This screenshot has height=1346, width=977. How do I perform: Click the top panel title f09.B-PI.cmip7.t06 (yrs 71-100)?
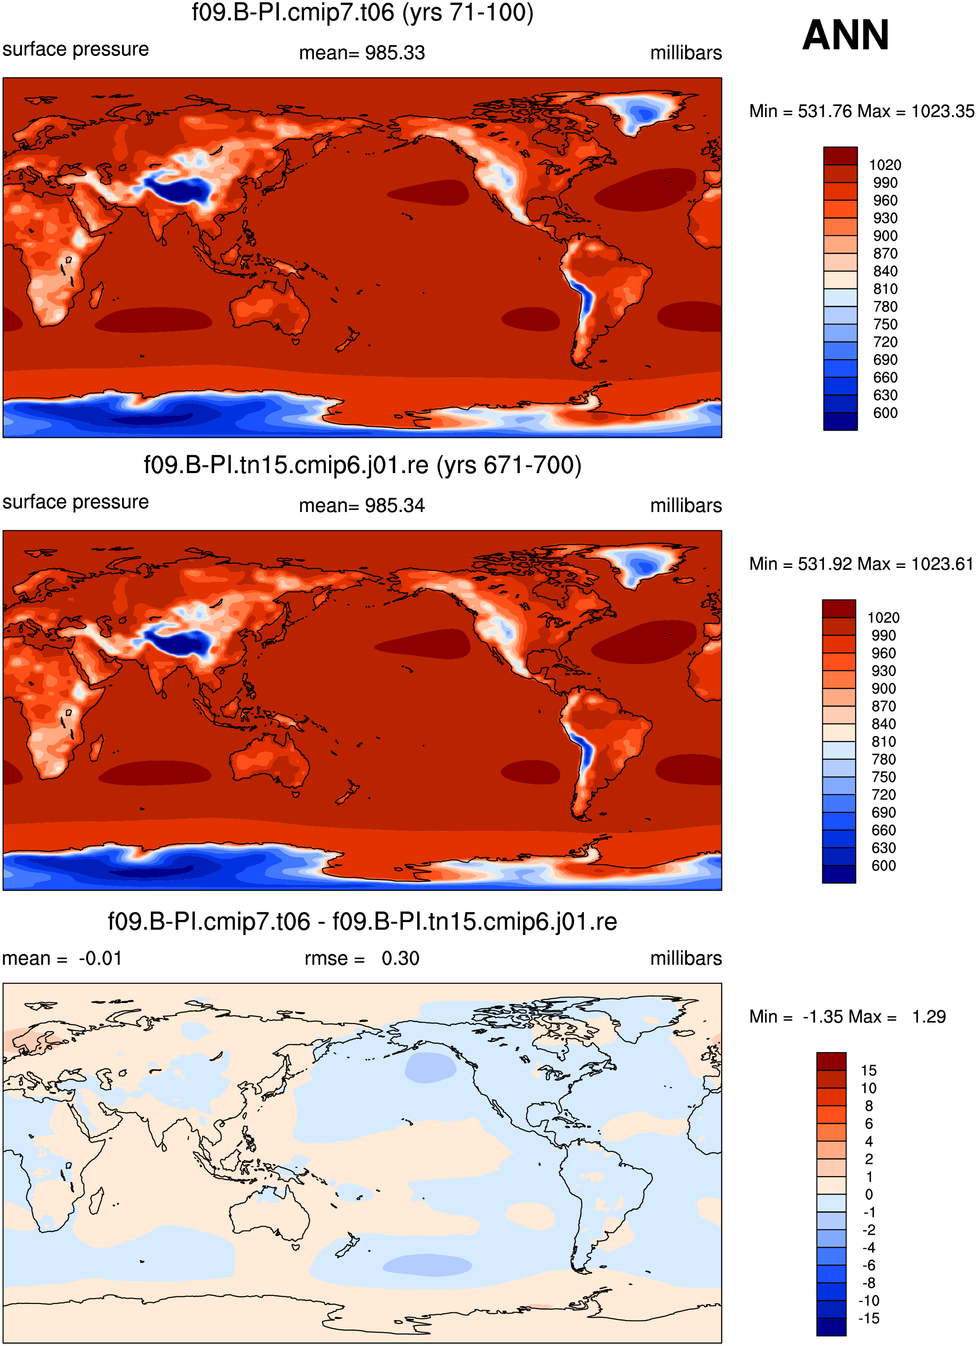click(x=363, y=13)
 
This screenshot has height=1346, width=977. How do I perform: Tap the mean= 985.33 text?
click(x=362, y=53)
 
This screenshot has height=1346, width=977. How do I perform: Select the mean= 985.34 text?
click(x=362, y=506)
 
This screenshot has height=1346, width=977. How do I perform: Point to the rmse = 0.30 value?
click(x=362, y=958)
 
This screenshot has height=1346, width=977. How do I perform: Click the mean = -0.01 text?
click(x=62, y=958)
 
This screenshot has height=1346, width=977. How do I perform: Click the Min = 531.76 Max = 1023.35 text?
click(x=862, y=111)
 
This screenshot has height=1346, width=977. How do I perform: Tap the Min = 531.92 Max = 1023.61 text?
click(x=861, y=564)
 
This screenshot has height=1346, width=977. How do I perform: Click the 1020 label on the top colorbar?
click(x=885, y=165)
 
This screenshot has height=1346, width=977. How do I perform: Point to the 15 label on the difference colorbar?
click(x=868, y=1071)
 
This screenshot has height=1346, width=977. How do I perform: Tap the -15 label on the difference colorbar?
click(x=868, y=1319)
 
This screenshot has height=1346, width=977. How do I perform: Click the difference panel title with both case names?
click(x=362, y=922)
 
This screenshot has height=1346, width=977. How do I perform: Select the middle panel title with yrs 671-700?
click(x=363, y=465)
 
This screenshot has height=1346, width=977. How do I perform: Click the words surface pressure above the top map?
click(x=76, y=49)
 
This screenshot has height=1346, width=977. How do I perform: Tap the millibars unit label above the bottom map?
click(x=686, y=958)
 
